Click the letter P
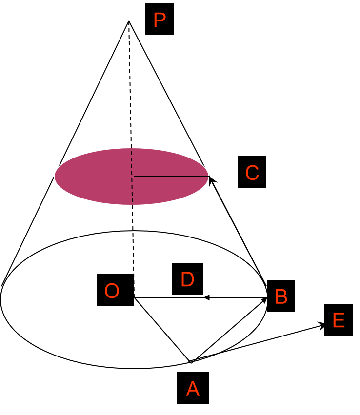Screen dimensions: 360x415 pyautogui.click(x=160, y=20)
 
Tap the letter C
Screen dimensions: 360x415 pyautogui.click(x=252, y=173)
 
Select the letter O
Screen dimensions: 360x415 pyautogui.click(x=112, y=291)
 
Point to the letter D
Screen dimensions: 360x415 pyautogui.click(x=187, y=280)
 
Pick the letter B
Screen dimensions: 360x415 pyautogui.click(x=281, y=297)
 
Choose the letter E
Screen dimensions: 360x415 pyautogui.click(x=339, y=321)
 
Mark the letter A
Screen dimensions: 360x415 pyautogui.click(x=193, y=389)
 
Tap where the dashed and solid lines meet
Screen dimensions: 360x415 pyautogui.click(x=132, y=176)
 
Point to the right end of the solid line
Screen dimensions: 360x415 pyautogui.click(x=208, y=176)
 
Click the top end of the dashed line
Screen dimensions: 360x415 pyautogui.click(x=131, y=148)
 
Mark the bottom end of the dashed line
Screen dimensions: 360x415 pyautogui.click(x=132, y=204)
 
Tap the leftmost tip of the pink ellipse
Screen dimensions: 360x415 pyautogui.click(x=54, y=176)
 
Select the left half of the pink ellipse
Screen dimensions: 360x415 pyautogui.click(x=93, y=176)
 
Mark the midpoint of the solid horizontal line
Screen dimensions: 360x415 pyautogui.click(x=171, y=176)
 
